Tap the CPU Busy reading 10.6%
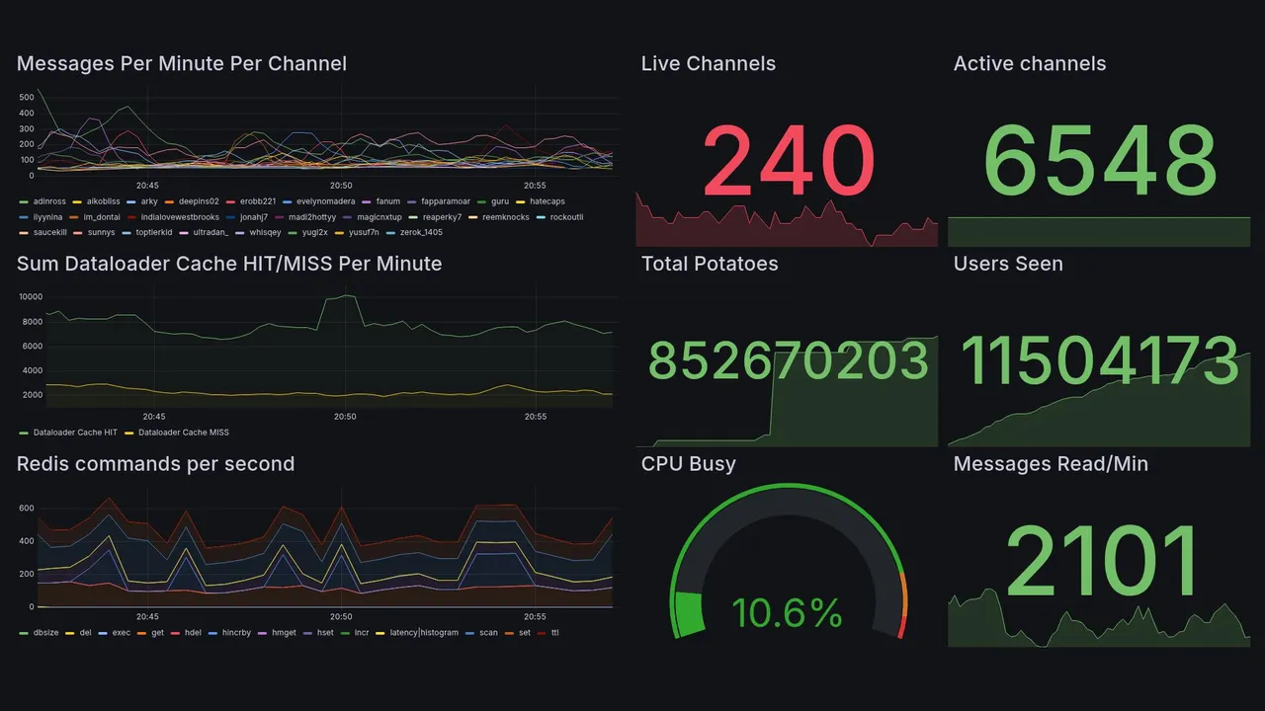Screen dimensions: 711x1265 coord(787,613)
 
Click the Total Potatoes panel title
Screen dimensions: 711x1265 coord(709,264)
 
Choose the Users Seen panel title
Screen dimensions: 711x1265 coord(1007,264)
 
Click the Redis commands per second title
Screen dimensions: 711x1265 coord(155,464)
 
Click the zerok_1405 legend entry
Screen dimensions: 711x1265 coord(419,233)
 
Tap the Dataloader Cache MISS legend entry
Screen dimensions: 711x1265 coord(183,433)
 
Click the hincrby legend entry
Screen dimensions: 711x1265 coord(236,632)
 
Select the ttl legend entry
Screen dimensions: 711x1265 coord(554,632)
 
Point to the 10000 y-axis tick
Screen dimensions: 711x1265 coord(30,297)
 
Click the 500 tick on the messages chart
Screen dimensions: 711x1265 coord(27,98)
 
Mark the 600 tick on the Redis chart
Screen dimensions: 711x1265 coord(27,509)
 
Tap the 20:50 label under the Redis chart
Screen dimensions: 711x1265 coord(341,616)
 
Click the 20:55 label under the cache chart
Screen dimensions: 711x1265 coord(535,417)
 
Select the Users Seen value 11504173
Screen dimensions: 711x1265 coord(1100,361)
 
